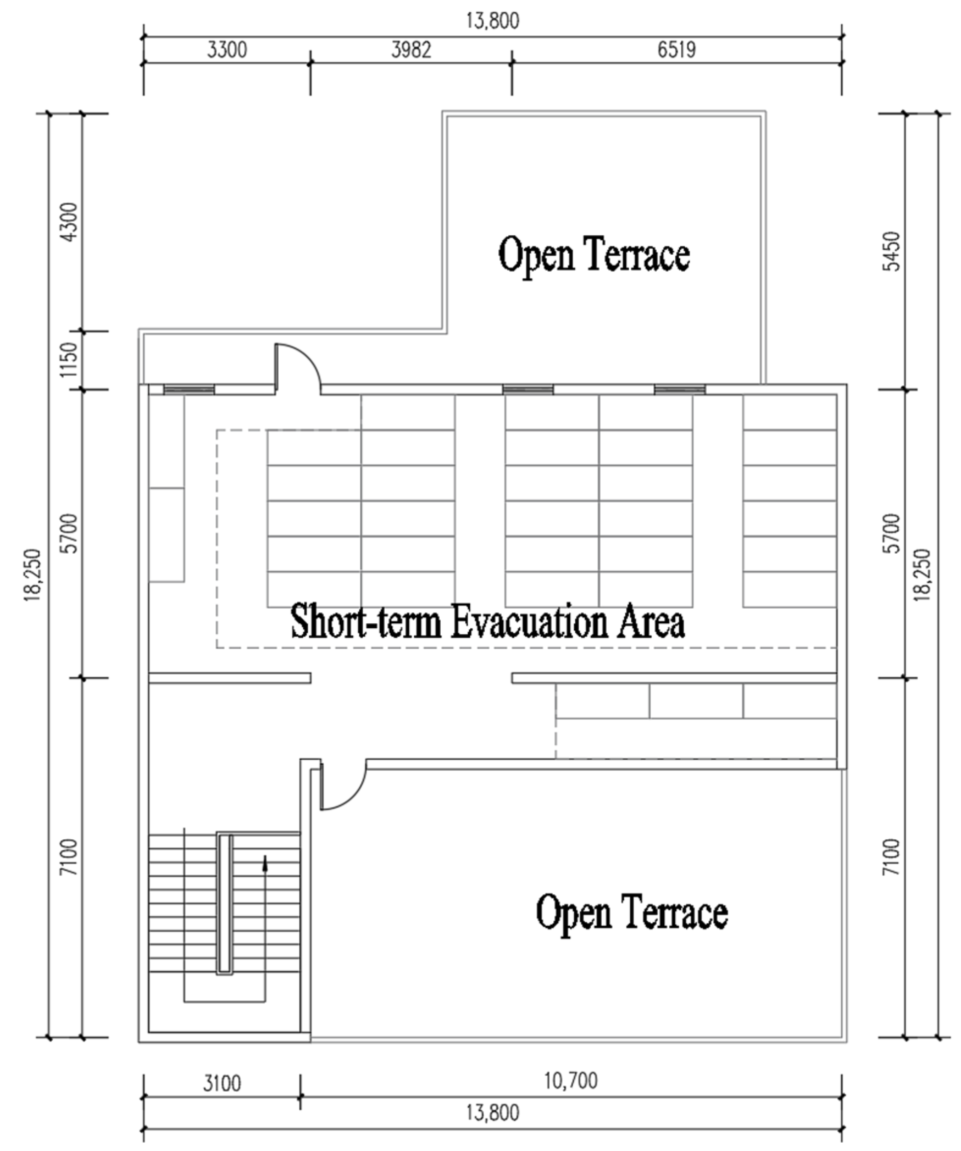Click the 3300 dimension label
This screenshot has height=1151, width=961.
227,50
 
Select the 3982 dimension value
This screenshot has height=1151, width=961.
411,50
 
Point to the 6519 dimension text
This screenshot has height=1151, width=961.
676,50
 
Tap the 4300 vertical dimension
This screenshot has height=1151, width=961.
70,222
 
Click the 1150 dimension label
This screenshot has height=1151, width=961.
70,360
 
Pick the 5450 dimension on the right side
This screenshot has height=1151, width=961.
892,251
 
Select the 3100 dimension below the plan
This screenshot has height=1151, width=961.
222,1084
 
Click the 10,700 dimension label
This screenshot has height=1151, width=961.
571,1081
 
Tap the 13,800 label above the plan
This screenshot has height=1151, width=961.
492,21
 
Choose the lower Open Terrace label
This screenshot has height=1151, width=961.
632,912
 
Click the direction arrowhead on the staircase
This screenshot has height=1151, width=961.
266,864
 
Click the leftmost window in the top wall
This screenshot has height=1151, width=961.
189,390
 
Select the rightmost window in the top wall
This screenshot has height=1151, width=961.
680,390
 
